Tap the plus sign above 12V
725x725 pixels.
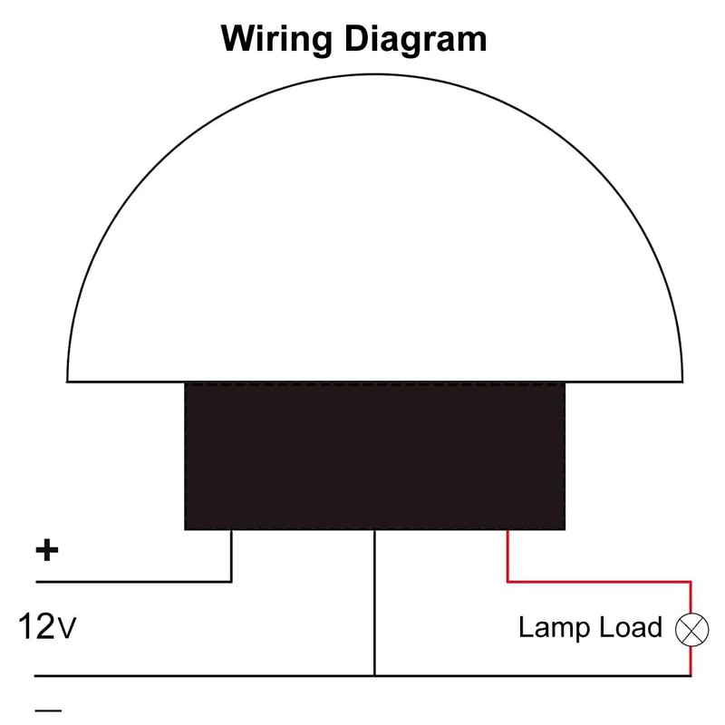point(46,549)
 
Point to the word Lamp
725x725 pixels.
point(553,627)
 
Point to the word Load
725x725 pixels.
point(630,627)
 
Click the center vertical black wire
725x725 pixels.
point(374,598)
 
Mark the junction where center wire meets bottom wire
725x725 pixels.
point(374,675)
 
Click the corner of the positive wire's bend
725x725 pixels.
point(231,581)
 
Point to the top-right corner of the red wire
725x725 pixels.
point(691,581)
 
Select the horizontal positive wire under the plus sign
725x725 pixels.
point(136,581)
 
